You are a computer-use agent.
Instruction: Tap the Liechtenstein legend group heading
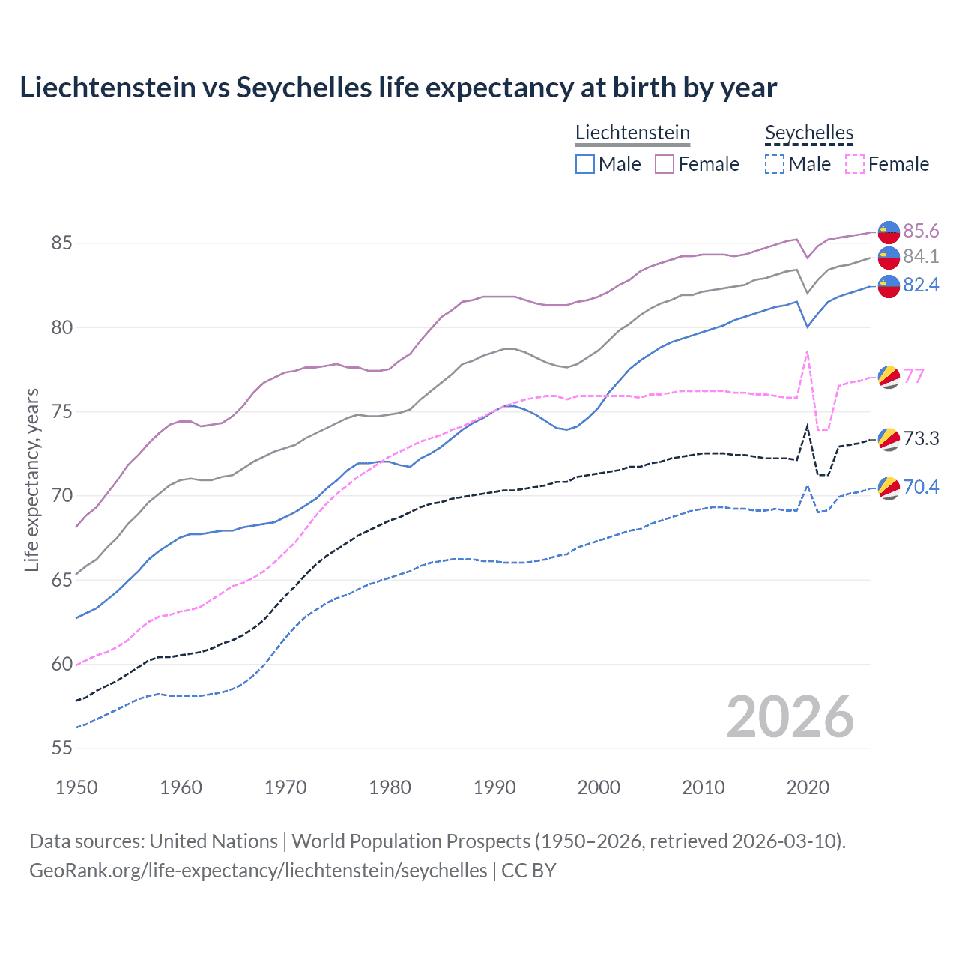632,133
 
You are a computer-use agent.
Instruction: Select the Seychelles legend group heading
809,133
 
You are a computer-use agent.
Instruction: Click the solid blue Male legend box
585,164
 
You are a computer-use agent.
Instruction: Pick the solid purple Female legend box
665,164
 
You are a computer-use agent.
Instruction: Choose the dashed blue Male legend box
775,164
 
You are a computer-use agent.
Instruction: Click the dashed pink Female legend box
855,164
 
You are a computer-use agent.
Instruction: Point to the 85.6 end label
921,231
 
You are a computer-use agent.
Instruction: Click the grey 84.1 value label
921,256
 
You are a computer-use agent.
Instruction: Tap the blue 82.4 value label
921,285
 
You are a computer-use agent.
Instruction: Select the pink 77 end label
914,375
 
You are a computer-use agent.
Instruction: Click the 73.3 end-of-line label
921,438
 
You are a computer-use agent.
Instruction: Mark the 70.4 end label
921,487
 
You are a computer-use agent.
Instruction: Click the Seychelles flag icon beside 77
889,376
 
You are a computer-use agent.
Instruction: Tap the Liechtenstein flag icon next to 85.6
889,232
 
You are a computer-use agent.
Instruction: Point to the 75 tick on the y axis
61,412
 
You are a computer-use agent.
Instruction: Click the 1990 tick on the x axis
494,787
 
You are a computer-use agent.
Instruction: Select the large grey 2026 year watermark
790,717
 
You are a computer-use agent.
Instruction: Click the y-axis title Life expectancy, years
31,479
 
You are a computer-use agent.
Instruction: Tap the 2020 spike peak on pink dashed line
807,351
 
